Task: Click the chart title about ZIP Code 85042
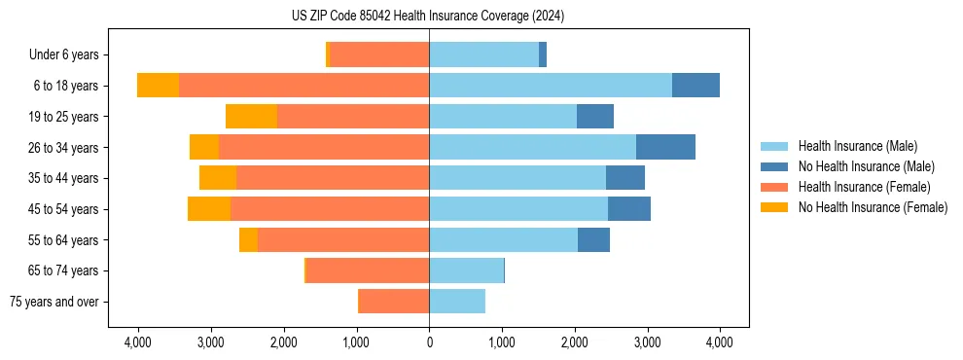tap(428, 17)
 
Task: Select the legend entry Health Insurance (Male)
tap(857, 146)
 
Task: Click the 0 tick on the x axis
tap(429, 342)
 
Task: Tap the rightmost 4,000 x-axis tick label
tap(720, 342)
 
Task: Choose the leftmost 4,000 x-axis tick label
tap(138, 342)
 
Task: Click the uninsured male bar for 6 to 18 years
tap(695, 86)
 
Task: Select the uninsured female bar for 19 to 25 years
tap(251, 117)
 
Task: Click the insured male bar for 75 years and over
tap(457, 302)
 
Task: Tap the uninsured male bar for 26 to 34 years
tap(665, 147)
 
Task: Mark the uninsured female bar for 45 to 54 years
tap(209, 209)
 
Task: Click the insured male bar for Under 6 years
tap(483, 55)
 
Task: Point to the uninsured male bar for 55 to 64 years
tap(593, 239)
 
